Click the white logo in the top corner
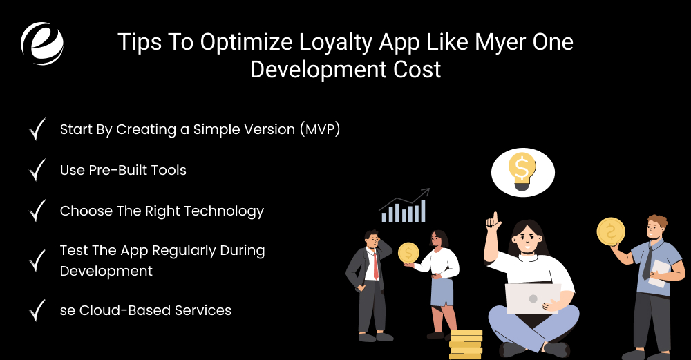click(x=42, y=43)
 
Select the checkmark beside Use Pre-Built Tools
click(x=37, y=169)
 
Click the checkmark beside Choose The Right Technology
click(x=37, y=211)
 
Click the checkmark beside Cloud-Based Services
click(x=37, y=310)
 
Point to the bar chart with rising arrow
click(x=404, y=206)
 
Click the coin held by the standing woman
click(x=408, y=253)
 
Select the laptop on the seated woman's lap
click(x=533, y=298)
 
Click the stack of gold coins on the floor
click(x=465, y=344)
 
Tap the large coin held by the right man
click(x=611, y=232)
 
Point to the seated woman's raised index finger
click(x=493, y=220)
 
